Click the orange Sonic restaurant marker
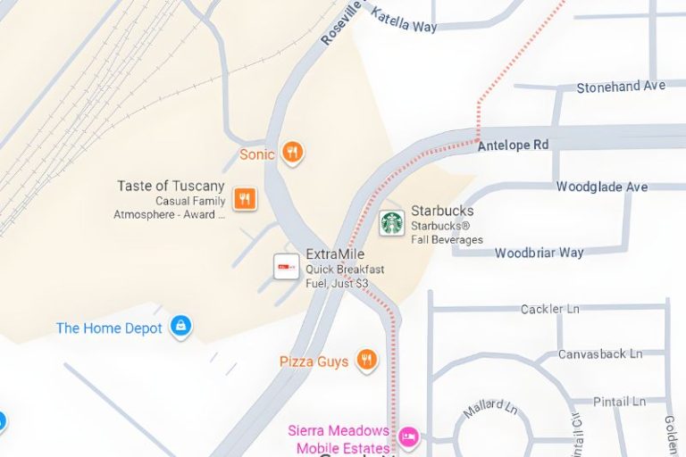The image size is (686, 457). point(292,154)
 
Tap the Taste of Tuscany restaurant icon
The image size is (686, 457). point(245,198)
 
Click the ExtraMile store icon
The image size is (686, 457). point(287,266)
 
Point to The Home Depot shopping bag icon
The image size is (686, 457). point(181,327)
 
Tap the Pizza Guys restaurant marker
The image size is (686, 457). point(365,360)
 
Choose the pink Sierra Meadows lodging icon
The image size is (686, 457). point(408,436)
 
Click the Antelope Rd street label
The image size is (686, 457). point(513,145)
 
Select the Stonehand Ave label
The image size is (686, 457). point(621,87)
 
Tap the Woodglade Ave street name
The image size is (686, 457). point(602,187)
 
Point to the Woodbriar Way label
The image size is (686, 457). point(540,253)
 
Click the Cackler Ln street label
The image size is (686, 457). point(550,309)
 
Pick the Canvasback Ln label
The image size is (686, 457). point(600,354)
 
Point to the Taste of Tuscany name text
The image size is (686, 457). point(171,186)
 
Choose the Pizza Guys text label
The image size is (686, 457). point(314,361)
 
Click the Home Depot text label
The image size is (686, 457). point(109,328)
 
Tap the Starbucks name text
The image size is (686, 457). point(442,211)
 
